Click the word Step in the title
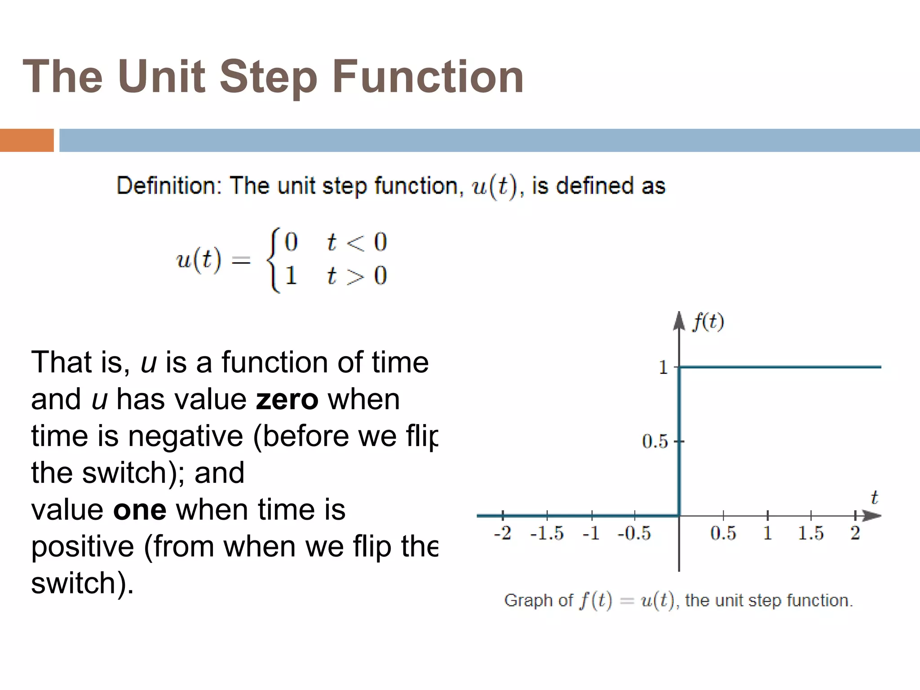point(268,77)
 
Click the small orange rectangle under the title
point(27,140)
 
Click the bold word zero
point(287,399)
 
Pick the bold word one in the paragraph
point(140,510)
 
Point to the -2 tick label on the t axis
point(502,533)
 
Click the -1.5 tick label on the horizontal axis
point(546,533)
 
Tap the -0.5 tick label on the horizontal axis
point(634,533)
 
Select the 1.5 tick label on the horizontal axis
point(810,533)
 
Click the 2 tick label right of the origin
point(855,533)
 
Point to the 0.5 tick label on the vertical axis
point(655,442)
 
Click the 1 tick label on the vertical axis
point(663,368)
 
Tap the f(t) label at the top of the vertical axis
point(708,322)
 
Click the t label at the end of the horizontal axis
point(874,498)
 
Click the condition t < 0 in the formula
point(357,243)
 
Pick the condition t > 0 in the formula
point(357,276)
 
